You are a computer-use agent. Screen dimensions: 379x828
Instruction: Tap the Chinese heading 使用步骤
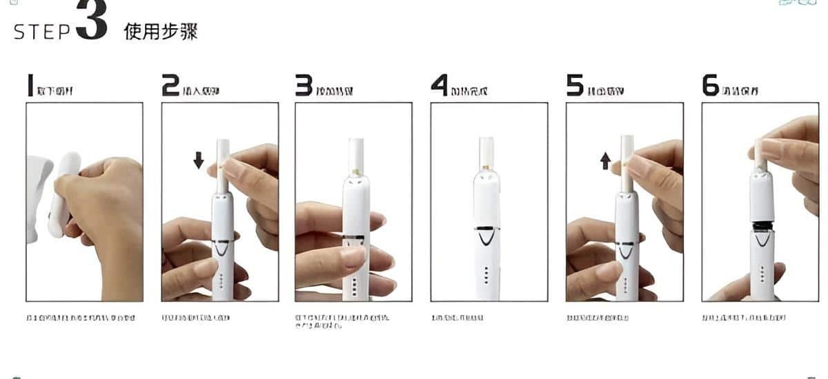pyautogui.click(x=161, y=32)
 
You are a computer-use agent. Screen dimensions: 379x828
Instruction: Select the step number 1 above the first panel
pyautogui.click(x=30, y=85)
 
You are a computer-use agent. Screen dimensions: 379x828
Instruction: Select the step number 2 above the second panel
pyautogui.click(x=170, y=85)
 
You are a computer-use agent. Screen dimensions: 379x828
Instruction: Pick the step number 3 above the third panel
pyautogui.click(x=304, y=85)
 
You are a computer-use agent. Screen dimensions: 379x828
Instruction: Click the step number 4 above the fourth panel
pyautogui.click(x=440, y=85)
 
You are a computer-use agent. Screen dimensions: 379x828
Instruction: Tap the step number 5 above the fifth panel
pyautogui.click(x=575, y=85)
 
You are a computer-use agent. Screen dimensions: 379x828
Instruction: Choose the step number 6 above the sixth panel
pyautogui.click(x=710, y=85)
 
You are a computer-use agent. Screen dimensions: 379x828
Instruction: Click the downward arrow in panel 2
pyautogui.click(x=199, y=161)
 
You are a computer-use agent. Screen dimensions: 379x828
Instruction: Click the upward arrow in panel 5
pyautogui.click(x=605, y=161)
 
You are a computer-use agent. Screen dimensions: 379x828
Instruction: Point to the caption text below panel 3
pyautogui.click(x=342, y=321)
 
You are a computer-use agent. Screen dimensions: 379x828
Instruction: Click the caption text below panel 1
pyautogui.click(x=80, y=318)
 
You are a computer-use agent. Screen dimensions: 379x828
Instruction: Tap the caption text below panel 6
pyautogui.click(x=743, y=318)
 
